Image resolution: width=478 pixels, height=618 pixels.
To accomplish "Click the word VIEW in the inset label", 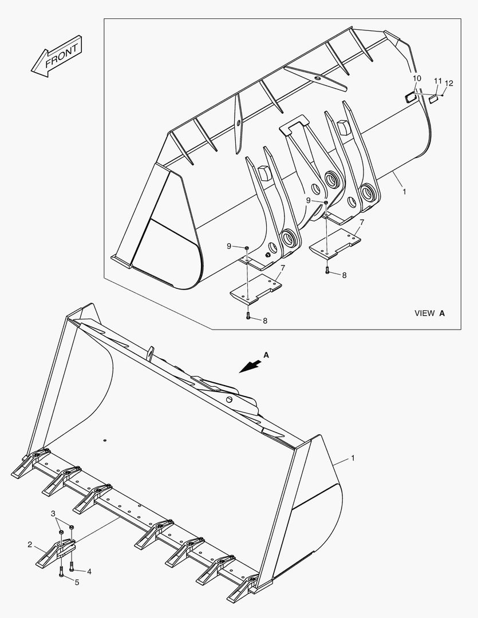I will (424, 313).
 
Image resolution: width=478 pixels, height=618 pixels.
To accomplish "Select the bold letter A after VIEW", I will (442, 313).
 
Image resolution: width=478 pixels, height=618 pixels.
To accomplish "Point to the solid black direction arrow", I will (248, 367).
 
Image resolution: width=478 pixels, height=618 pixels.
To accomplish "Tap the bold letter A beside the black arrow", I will (266, 355).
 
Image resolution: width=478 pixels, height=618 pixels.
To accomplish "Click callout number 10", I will (416, 78).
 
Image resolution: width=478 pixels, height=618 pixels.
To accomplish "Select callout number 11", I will (437, 81).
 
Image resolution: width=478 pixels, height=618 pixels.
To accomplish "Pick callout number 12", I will (449, 84).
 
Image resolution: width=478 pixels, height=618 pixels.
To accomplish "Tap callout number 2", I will (30, 544).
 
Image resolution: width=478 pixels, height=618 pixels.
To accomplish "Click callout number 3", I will (53, 513).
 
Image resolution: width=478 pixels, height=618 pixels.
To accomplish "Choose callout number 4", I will (89, 571).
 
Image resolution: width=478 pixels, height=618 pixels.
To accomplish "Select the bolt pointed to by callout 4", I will (71, 567).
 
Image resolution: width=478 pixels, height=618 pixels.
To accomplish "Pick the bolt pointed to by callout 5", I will (60, 573).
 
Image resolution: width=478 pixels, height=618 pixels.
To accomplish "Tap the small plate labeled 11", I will (433, 98).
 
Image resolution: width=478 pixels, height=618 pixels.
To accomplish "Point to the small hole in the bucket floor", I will (105, 440).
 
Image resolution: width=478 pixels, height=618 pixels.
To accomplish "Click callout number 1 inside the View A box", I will (404, 192).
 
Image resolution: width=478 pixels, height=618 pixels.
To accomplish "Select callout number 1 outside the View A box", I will (353, 458).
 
